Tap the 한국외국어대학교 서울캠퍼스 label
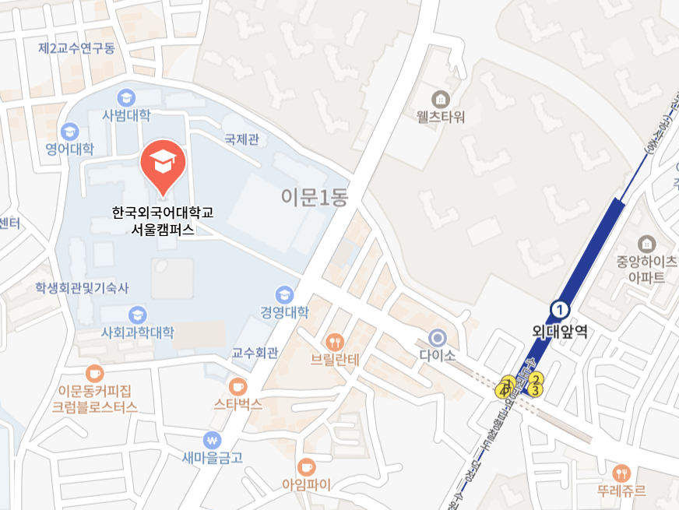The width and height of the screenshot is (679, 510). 162,220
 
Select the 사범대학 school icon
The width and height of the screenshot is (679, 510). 125,97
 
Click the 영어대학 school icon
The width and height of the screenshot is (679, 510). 70,131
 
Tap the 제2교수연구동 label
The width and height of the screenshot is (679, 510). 76,48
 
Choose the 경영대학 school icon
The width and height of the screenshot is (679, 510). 284,295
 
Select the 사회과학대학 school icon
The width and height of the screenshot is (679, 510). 137,315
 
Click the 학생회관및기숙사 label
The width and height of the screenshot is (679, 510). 81,288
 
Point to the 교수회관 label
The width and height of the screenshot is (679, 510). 255,353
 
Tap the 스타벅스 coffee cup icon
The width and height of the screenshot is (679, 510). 237,386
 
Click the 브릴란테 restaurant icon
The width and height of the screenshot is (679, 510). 335,341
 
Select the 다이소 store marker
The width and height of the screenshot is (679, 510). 438,337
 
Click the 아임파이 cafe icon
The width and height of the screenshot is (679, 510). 306,466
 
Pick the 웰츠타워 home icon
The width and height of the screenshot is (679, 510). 441,99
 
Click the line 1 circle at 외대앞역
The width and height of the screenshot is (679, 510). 559,310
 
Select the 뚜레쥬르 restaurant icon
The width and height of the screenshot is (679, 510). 621,473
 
